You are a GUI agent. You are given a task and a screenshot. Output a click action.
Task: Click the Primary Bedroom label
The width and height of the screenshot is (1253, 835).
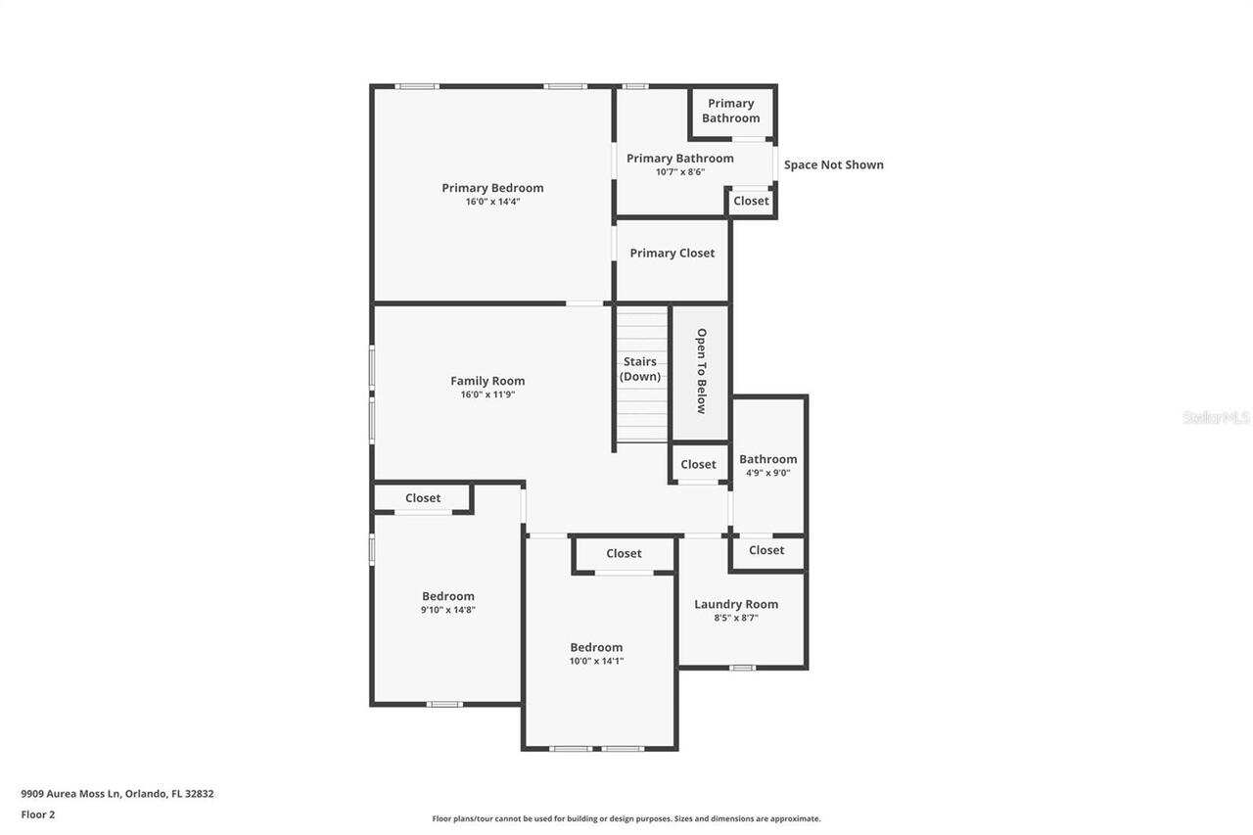pos(492,188)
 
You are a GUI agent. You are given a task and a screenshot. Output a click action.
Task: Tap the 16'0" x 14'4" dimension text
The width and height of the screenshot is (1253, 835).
pos(492,202)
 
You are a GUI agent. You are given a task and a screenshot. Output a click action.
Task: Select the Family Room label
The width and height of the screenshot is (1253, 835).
pos(487,381)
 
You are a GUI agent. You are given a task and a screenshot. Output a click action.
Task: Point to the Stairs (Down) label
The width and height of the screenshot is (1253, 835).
pos(640,369)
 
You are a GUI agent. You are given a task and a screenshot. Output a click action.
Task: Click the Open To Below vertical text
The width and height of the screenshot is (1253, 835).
pos(701,371)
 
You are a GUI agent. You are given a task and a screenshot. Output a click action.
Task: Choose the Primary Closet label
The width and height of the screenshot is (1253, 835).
pos(672,253)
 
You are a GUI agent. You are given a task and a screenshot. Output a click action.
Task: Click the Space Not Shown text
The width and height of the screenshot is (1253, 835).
pos(833,164)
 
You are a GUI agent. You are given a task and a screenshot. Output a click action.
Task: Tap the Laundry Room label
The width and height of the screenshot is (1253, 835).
pos(736,604)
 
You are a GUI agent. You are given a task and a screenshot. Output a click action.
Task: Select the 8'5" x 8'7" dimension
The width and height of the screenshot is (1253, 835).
pos(736,618)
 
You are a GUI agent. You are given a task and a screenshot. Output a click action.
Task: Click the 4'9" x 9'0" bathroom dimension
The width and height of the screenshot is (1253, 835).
pos(767,473)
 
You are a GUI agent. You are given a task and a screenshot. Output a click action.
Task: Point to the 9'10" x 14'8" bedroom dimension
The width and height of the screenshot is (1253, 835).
pos(448,610)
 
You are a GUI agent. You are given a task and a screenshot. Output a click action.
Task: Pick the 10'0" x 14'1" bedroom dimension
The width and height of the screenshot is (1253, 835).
pos(596,661)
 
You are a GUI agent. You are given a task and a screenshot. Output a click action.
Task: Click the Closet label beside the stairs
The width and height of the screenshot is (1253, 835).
pos(698,464)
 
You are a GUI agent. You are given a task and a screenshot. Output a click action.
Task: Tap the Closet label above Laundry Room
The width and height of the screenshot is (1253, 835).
pos(766,550)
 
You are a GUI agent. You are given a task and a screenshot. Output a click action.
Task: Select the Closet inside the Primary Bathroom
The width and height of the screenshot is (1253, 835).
pos(751,201)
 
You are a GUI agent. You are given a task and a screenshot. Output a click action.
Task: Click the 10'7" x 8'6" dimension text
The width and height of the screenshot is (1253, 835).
pos(680,172)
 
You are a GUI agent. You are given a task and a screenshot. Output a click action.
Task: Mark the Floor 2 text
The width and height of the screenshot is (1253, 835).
pos(38,814)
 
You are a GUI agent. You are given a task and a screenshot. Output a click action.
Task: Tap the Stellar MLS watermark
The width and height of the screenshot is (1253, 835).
pos(1216,417)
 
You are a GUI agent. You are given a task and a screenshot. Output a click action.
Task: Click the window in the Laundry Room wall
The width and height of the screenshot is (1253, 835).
pos(742,668)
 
